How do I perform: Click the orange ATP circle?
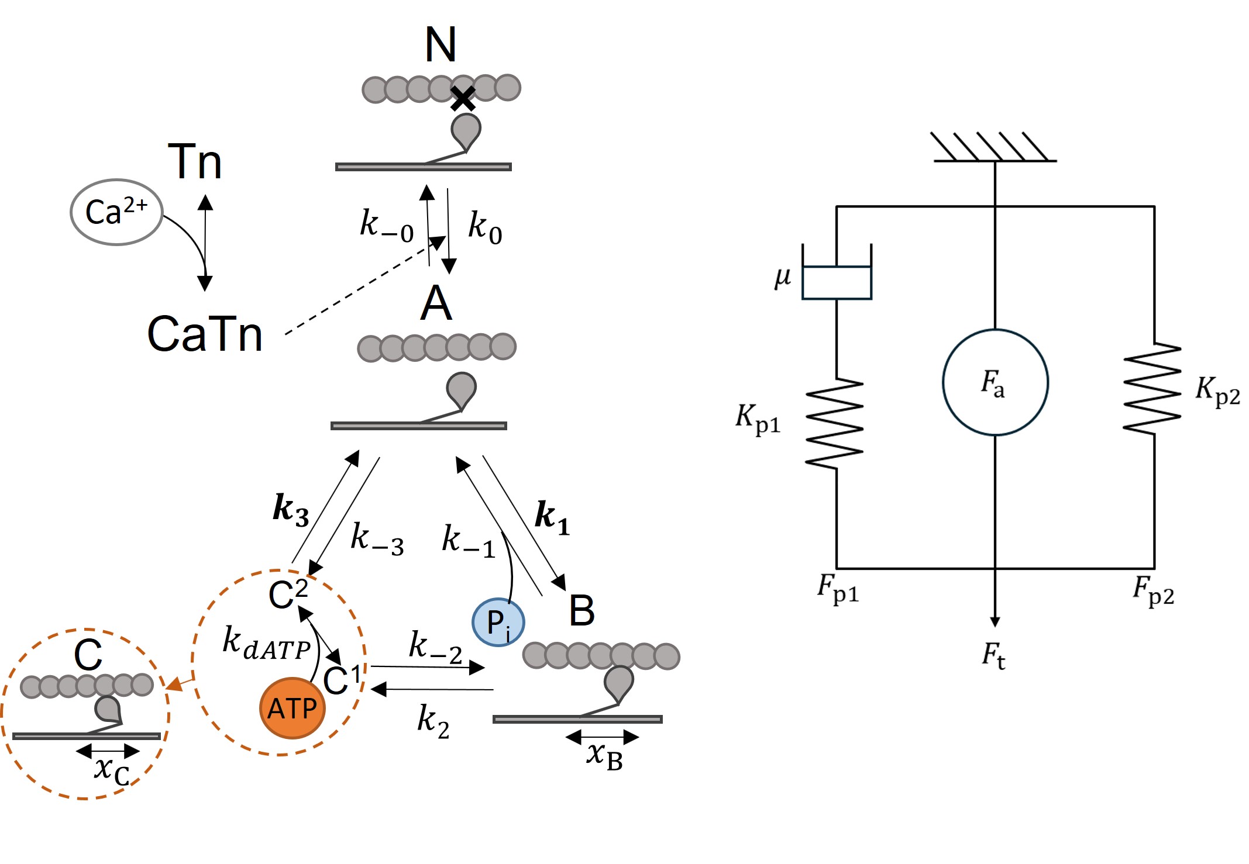[292, 708]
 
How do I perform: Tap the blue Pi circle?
[498, 622]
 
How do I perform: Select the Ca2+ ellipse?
[116, 212]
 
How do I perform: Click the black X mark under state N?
[463, 99]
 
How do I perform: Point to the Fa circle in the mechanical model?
[995, 382]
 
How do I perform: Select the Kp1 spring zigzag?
[835, 423]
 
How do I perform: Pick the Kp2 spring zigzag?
[1152, 389]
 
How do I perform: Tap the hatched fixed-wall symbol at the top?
[992, 147]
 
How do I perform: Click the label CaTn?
[205, 334]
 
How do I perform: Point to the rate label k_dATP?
[266, 643]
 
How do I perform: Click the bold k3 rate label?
[291, 509]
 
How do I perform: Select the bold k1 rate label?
[552, 517]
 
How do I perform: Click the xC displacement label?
[112, 770]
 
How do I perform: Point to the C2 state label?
[288, 593]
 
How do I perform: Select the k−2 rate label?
[435, 647]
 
